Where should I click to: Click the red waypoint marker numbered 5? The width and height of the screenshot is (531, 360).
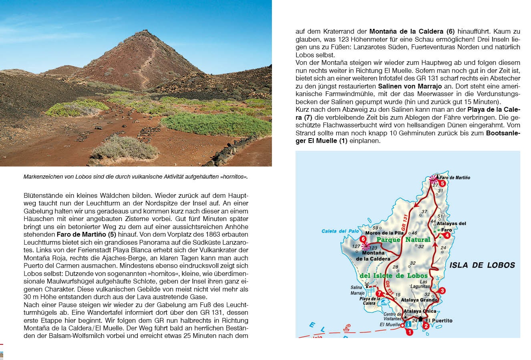(x=442, y=183)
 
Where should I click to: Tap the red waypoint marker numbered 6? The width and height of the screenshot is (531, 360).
(x=363, y=239)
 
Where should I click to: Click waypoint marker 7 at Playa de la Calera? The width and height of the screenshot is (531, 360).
(x=378, y=294)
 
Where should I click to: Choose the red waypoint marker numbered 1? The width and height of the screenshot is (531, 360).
(x=409, y=332)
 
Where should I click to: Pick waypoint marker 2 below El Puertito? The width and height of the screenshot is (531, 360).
(x=426, y=326)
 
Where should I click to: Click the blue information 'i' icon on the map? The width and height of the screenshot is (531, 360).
(x=408, y=324)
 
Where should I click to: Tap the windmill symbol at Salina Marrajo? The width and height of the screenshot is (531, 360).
(x=367, y=285)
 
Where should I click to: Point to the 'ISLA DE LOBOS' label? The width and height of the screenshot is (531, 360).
(x=482, y=265)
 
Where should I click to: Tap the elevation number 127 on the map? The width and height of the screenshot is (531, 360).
(x=356, y=247)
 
